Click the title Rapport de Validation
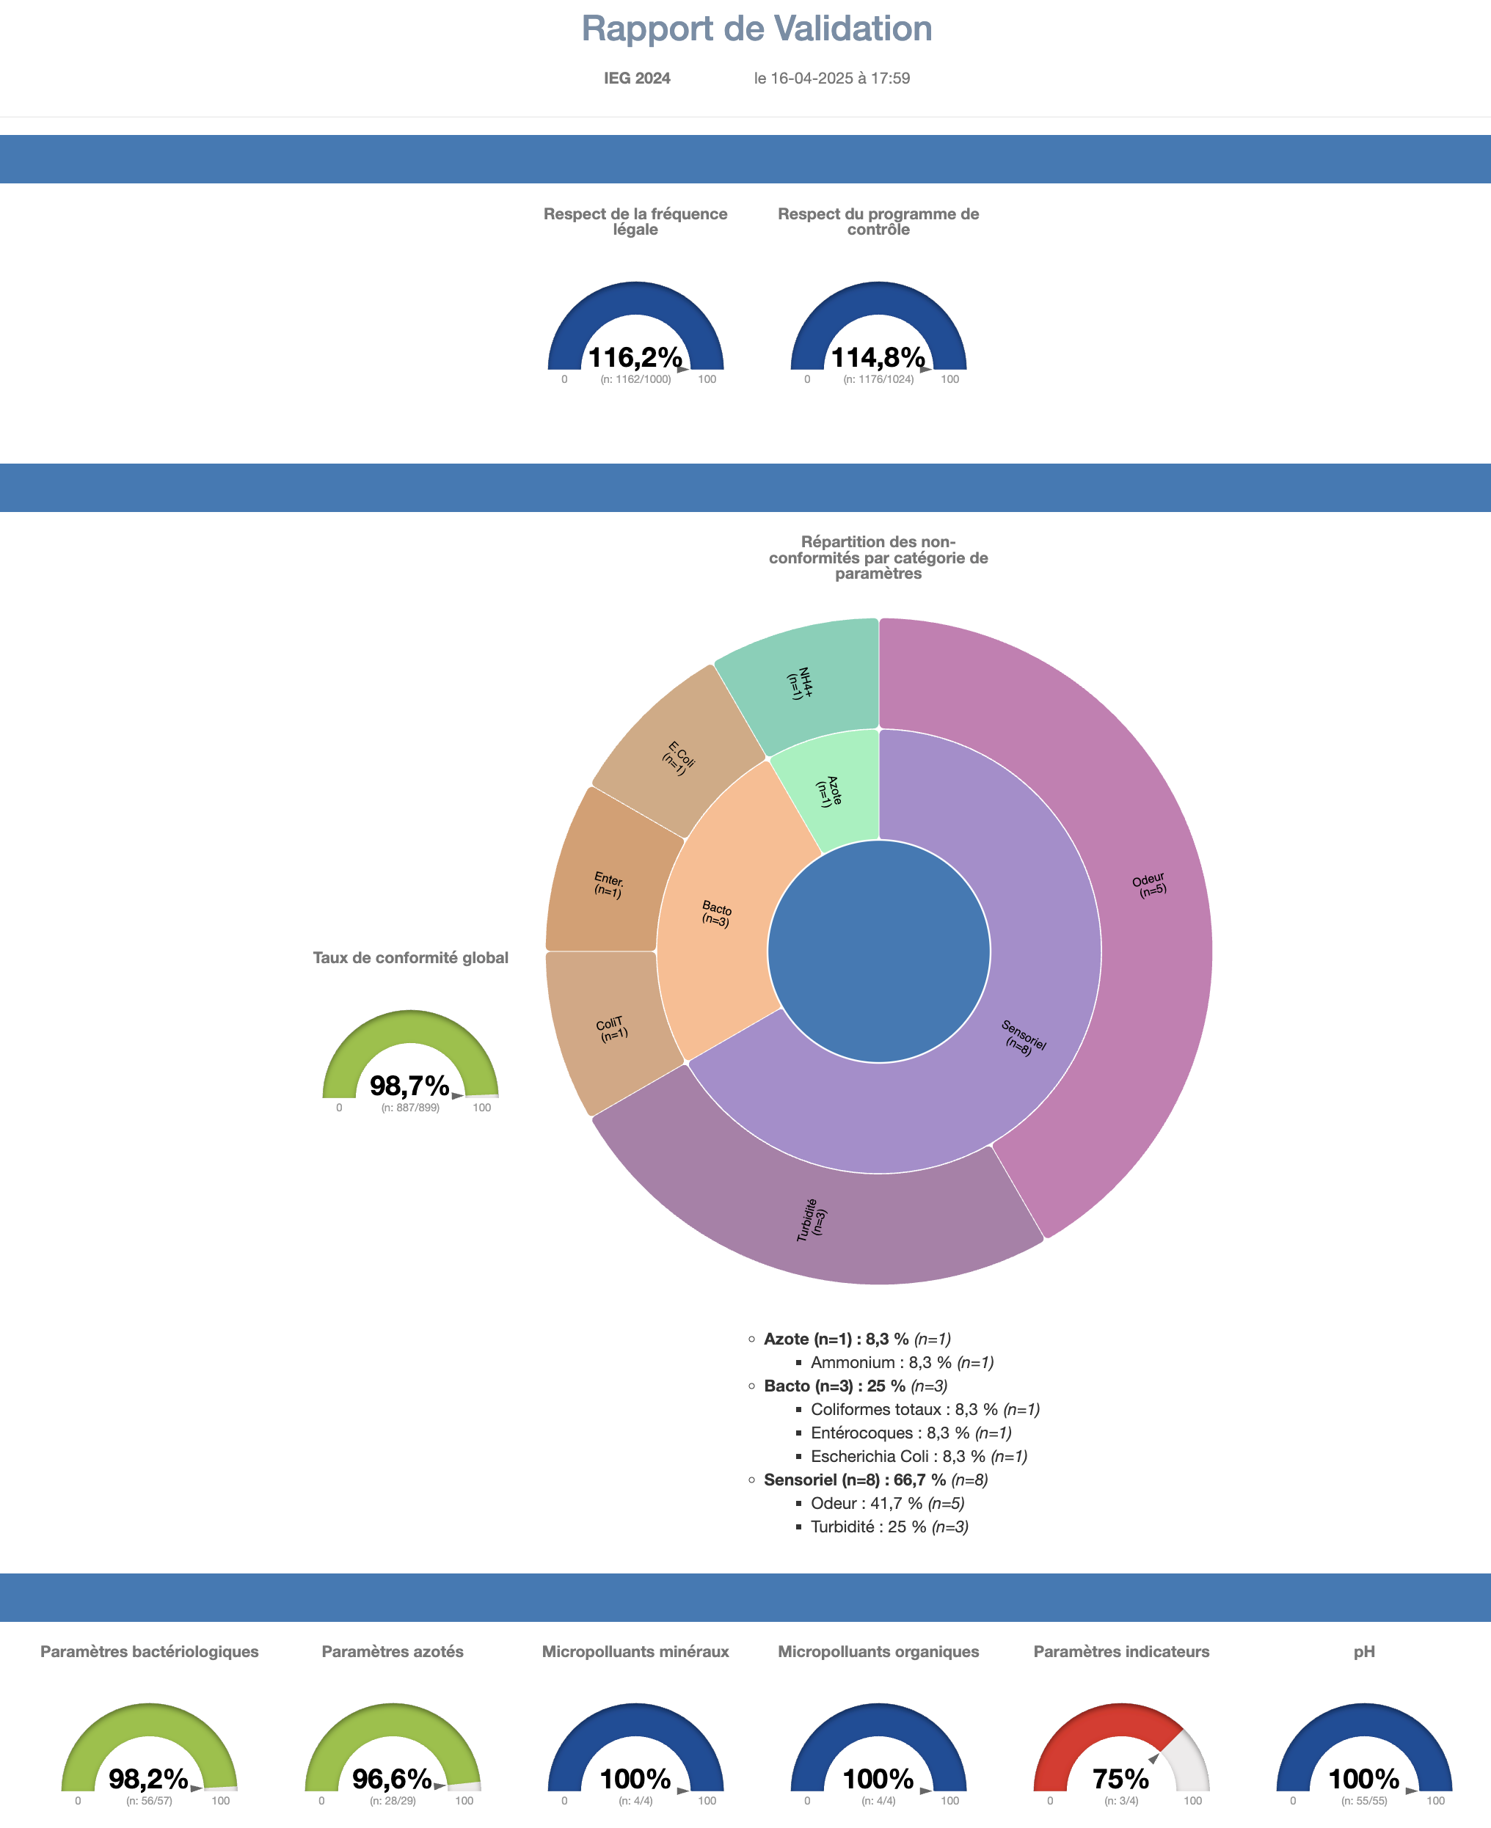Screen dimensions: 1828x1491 (x=756, y=29)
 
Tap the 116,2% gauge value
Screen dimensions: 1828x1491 (x=635, y=357)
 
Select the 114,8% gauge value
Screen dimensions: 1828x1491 (x=878, y=357)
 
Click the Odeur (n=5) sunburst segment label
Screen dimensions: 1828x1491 (x=1149, y=885)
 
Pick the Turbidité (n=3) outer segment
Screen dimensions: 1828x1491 (x=812, y=1220)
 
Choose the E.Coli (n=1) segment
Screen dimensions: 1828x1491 (x=679, y=757)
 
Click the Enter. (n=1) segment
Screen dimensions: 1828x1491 (x=608, y=885)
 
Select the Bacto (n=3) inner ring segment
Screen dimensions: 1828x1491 (x=716, y=913)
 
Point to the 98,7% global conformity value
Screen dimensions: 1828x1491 (x=409, y=1086)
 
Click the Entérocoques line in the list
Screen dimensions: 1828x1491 (x=910, y=1433)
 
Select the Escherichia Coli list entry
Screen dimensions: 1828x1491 (x=917, y=1456)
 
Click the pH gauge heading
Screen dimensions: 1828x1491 (x=1364, y=1651)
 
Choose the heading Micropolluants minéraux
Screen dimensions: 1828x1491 (x=635, y=1651)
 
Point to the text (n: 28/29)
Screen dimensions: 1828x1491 (x=393, y=1801)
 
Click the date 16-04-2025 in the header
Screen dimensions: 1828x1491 (x=811, y=78)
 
